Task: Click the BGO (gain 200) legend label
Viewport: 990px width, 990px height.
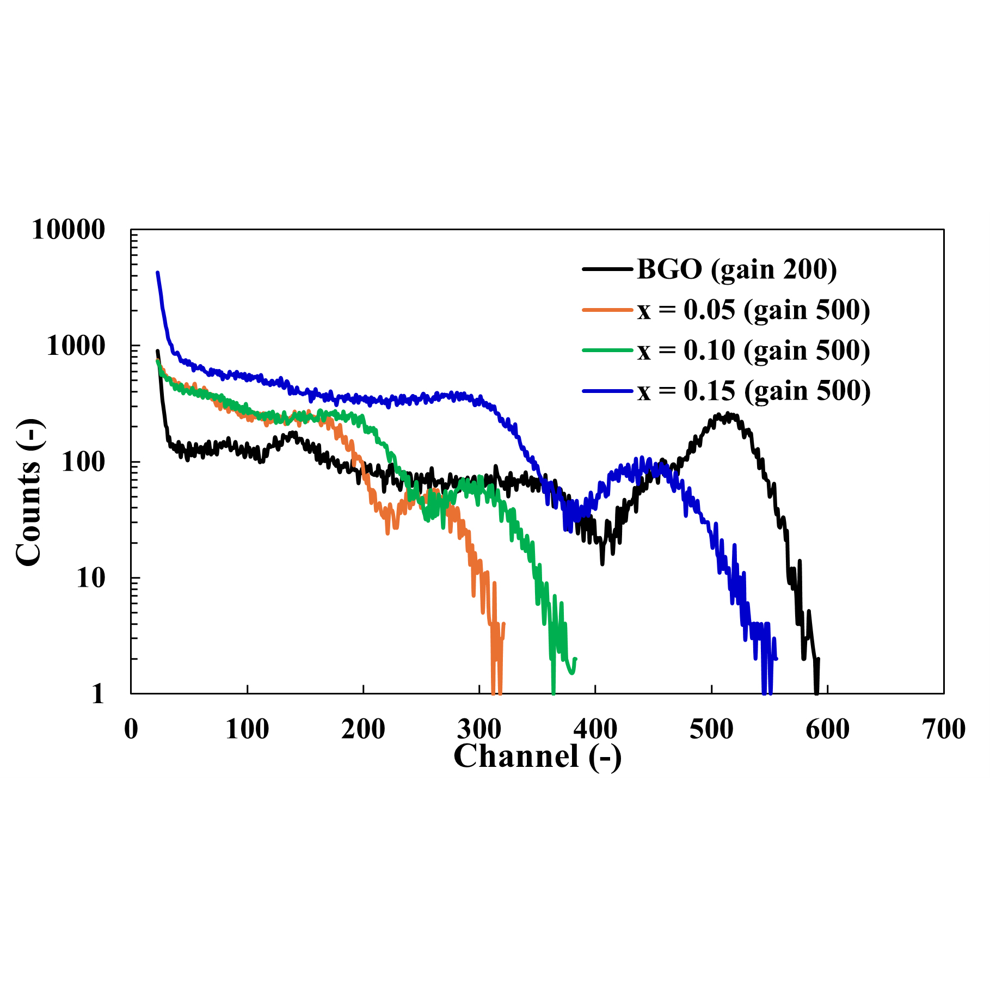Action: coord(736,269)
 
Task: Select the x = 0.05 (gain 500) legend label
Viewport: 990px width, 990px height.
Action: coord(754,310)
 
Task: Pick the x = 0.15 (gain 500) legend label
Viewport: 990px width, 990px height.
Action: coord(754,391)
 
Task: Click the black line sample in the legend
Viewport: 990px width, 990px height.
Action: coord(607,269)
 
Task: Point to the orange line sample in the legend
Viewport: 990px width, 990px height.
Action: coord(607,310)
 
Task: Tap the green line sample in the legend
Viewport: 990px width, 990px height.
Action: coord(607,350)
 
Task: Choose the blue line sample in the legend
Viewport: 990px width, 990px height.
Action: coord(607,391)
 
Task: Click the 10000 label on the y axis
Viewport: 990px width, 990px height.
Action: coord(68,230)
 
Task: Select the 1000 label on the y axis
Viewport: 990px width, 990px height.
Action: coord(75,346)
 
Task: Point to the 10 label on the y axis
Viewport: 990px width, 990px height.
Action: coord(90,578)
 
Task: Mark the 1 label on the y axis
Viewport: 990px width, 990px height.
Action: coord(97,694)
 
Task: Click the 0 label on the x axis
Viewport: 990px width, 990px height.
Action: coord(131,729)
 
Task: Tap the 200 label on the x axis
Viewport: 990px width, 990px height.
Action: coord(363,729)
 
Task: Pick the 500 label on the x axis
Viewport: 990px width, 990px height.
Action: coord(711,729)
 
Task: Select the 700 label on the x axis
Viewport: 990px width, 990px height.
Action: coord(944,729)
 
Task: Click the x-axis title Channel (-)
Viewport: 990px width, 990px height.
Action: coord(537,756)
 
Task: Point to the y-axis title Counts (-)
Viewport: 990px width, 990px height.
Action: coord(28,493)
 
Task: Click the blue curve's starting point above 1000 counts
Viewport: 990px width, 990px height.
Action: coord(157,273)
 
